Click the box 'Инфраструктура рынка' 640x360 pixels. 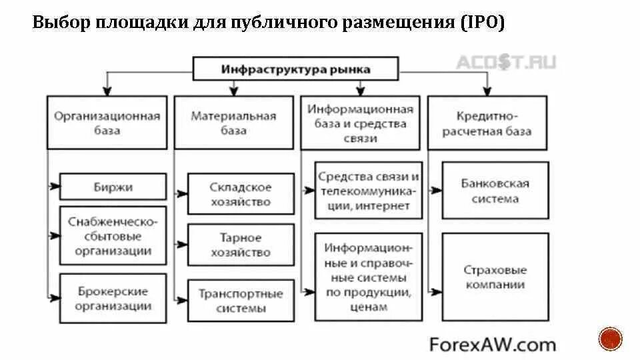pos(295,69)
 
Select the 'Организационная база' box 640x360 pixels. pos(107,123)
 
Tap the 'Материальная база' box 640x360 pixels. pos(233,123)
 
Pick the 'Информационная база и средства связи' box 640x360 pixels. pos(361,123)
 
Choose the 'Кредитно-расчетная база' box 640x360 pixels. pos(487,123)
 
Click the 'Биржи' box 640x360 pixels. pos(113,187)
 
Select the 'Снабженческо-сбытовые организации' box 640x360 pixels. pos(113,236)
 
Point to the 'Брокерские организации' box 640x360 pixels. pos(113,299)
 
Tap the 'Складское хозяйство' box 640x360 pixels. pos(241,193)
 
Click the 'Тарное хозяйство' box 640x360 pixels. pos(241,245)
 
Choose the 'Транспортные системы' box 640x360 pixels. pos(241,301)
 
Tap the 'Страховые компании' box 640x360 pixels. pos(495,277)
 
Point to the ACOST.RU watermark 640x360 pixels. pos(505,63)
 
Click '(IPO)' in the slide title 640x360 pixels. pos(482,23)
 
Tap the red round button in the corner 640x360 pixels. pos(610,339)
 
